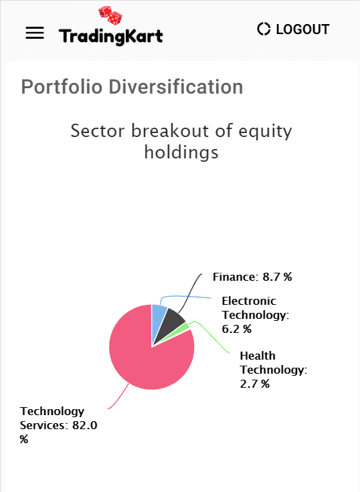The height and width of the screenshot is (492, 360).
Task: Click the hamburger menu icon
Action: [x=35, y=33]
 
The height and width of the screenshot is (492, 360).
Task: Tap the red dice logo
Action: [x=110, y=15]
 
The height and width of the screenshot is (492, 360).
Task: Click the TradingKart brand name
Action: [x=110, y=36]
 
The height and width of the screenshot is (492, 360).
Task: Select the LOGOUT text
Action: [x=302, y=29]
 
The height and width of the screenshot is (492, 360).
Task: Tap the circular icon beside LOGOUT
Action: [x=264, y=29]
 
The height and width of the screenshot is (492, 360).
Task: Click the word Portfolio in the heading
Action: [x=62, y=87]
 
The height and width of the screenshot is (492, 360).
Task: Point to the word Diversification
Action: [x=176, y=87]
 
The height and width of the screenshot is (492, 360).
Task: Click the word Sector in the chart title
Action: [x=98, y=130]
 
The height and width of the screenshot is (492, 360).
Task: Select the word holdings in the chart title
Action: [x=181, y=153]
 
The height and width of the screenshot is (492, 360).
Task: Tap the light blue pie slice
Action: [x=158, y=318]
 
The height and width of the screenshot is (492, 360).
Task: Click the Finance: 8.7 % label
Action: [x=252, y=277]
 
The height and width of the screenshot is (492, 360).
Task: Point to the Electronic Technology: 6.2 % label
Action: [x=256, y=315]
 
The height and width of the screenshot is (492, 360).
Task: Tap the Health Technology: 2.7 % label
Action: [x=273, y=369]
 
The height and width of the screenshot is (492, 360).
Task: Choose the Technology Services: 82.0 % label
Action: [x=58, y=425]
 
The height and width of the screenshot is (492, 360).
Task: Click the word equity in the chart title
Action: [x=265, y=132]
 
